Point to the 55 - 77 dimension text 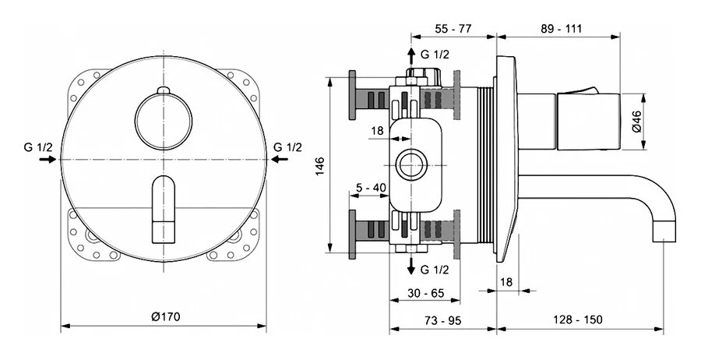pos(453,28)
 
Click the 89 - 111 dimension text pos(563,28)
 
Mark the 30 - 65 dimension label pos(425,295)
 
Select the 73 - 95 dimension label pos(443,320)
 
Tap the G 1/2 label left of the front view pos(37,146)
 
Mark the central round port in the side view pos(410,165)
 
